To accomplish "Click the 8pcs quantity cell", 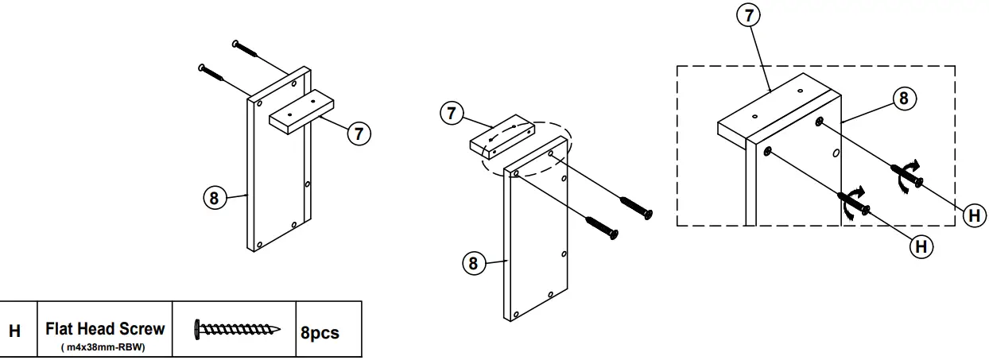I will [x=320, y=332].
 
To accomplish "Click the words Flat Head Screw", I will [x=105, y=327].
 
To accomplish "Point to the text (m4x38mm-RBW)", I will [x=105, y=346].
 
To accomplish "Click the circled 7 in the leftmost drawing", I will [x=359, y=133].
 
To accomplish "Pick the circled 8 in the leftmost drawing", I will [x=213, y=197].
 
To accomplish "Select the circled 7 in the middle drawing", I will [x=452, y=113].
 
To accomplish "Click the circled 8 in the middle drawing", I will [x=474, y=264].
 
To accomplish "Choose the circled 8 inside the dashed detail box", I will [x=902, y=99].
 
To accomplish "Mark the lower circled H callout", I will [x=921, y=248].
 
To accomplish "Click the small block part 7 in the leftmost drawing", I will [x=302, y=111].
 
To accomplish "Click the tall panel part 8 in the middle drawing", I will [x=537, y=238].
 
